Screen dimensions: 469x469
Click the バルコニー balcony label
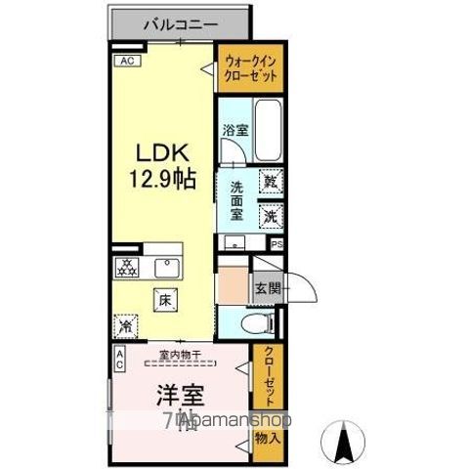[x=179, y=23]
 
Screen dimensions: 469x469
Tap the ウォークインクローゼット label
[x=250, y=67]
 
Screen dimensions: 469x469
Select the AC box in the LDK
[x=127, y=60]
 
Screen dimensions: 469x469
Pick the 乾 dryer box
[x=271, y=182]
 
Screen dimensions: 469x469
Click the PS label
[x=277, y=244]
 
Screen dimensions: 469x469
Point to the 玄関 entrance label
[x=267, y=288]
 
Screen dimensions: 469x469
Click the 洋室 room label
[x=182, y=397]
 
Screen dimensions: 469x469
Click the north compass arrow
[x=345, y=441]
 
